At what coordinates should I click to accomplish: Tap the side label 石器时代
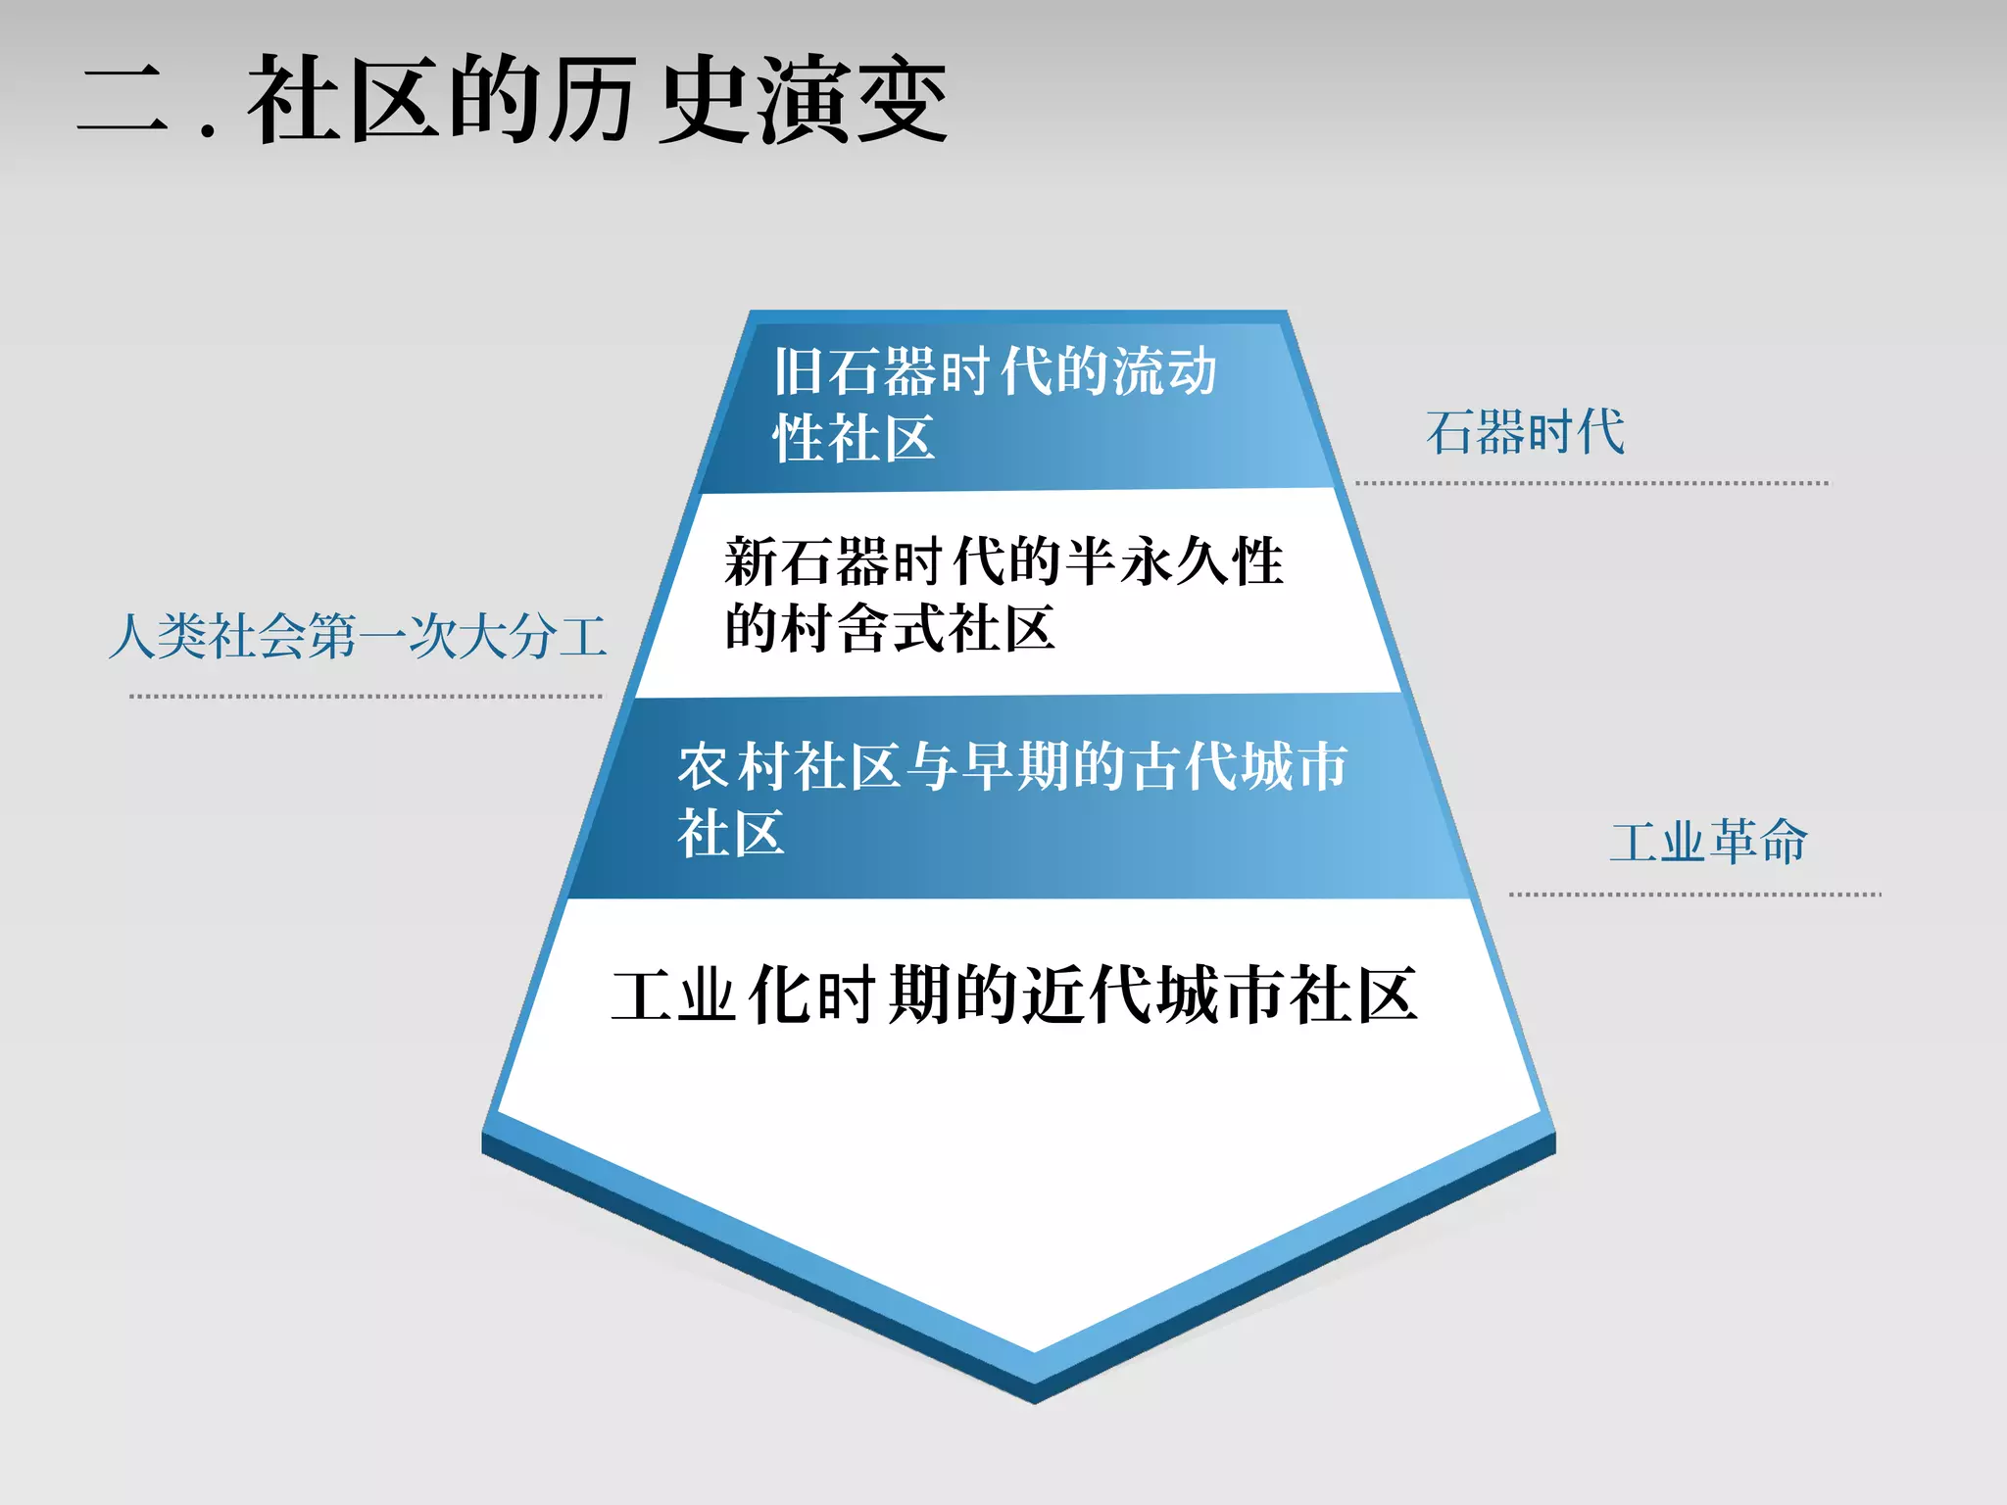(1525, 432)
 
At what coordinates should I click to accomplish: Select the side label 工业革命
(1708, 842)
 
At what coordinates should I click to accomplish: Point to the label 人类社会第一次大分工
(358, 636)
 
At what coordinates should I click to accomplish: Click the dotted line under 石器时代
(1591, 483)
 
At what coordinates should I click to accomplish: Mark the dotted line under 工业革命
(1694, 895)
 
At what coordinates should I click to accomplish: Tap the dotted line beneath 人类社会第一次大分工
(366, 697)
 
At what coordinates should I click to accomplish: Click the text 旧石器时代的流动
(995, 371)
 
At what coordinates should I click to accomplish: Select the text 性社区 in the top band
(854, 437)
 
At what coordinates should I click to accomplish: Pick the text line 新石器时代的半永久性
(1003, 561)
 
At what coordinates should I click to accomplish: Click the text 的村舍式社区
(890, 628)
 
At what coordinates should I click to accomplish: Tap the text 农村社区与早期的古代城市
(1012, 765)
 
